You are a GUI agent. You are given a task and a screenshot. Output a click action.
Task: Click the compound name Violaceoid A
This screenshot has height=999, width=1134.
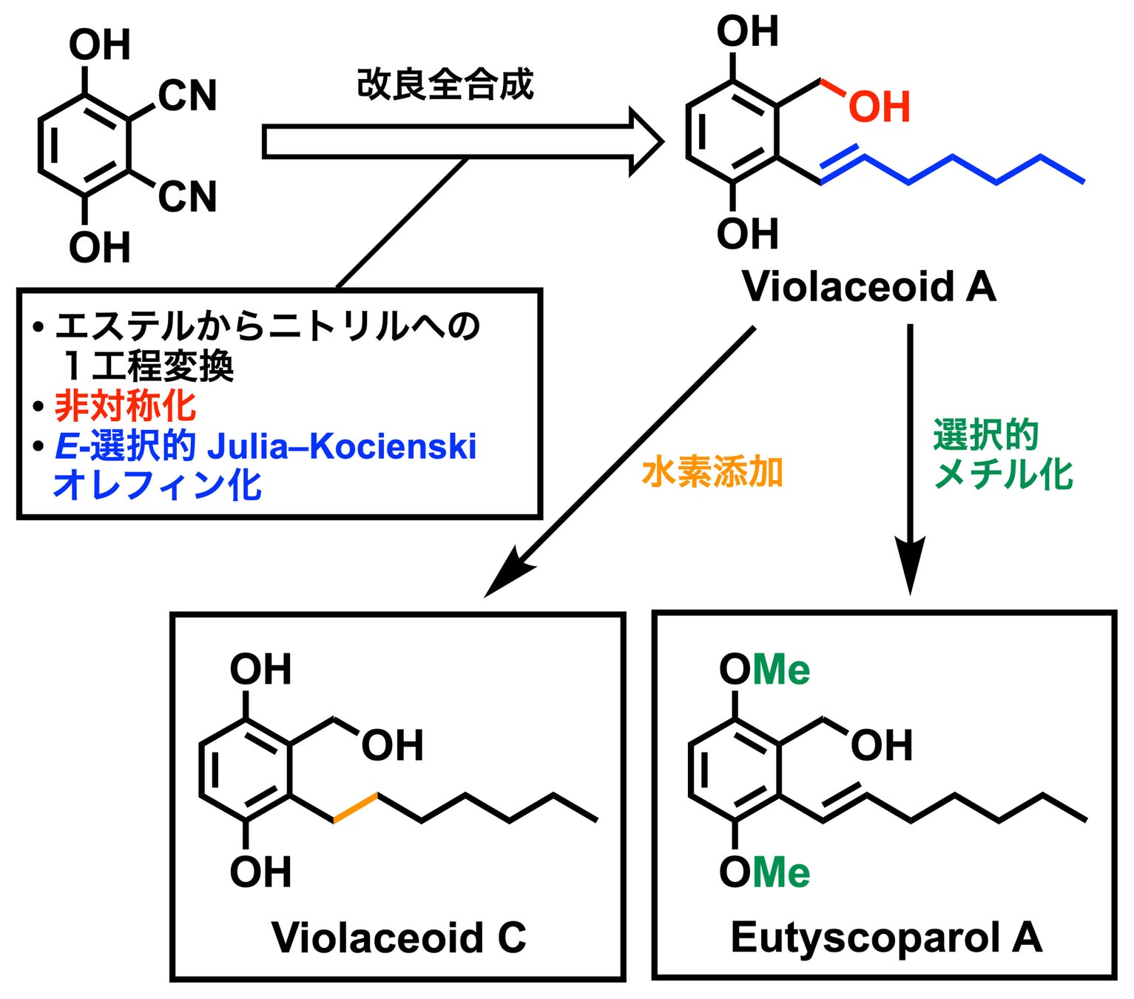click(868, 287)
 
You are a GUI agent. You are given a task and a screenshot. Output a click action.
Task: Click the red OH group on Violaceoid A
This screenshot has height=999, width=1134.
click(879, 107)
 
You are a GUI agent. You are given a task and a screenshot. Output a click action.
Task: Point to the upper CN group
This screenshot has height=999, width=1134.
click(187, 95)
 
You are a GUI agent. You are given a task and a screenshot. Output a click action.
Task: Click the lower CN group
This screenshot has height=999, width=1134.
click(187, 197)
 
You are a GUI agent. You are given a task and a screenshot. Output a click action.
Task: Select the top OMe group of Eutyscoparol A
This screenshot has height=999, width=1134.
click(765, 669)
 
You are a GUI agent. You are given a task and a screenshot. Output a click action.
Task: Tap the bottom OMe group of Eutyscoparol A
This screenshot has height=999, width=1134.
click(765, 872)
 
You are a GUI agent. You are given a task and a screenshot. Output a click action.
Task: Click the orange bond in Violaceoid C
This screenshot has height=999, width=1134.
click(355, 807)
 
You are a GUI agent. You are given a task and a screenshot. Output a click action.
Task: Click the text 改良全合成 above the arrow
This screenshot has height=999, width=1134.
click(445, 84)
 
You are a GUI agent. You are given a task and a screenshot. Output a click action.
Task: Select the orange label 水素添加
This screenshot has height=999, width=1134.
click(712, 472)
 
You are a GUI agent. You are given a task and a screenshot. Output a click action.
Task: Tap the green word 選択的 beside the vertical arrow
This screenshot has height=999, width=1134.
click(986, 434)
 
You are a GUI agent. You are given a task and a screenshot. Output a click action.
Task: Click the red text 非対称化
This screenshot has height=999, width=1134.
click(125, 406)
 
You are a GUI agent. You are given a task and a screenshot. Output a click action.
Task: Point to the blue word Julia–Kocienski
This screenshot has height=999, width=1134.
click(342, 446)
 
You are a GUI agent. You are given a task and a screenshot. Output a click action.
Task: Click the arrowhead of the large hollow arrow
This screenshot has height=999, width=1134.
click(647, 142)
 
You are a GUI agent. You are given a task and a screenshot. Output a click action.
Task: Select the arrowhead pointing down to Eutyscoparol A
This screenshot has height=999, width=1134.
click(910, 565)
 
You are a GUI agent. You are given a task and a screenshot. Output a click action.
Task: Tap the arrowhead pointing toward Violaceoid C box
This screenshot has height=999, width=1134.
click(510, 573)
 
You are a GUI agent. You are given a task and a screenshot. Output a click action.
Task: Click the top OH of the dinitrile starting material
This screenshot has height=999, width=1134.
click(100, 44)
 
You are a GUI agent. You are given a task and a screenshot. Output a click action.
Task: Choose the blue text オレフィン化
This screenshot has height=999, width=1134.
click(158, 485)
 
